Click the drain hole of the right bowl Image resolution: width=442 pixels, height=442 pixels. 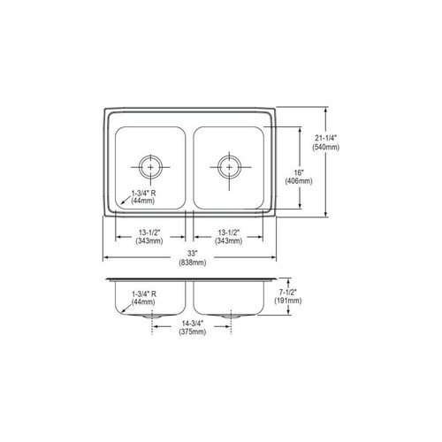pos(229,165)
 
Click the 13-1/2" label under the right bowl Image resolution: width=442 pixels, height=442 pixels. pos(229,232)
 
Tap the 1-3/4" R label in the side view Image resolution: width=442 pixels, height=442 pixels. pos(143,293)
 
